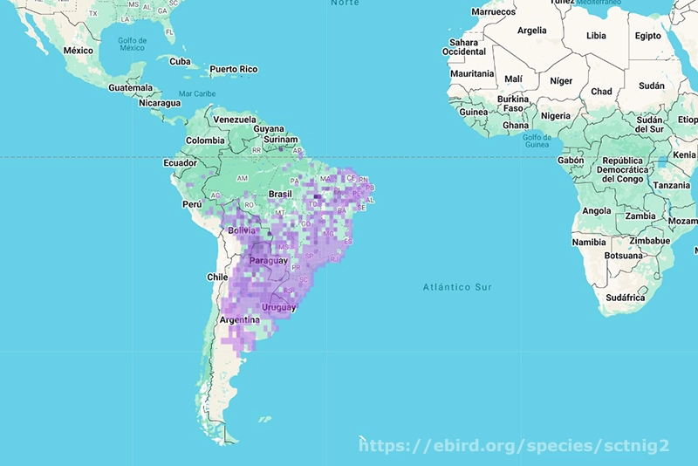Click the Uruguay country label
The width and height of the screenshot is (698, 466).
[x=279, y=307]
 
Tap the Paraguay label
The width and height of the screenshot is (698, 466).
[x=268, y=261]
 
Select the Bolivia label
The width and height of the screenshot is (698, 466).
[x=243, y=230]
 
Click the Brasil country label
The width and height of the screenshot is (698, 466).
[x=280, y=194]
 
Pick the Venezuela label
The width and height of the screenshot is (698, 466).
[x=235, y=119]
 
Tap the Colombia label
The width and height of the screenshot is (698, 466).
[x=205, y=140]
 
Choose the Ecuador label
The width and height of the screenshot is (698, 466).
[x=180, y=162]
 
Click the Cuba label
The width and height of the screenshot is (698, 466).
[x=180, y=61]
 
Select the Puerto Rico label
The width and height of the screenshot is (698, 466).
[x=234, y=69]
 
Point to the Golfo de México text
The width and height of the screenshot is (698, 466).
[x=132, y=44]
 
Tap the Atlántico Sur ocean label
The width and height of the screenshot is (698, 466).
[x=457, y=287]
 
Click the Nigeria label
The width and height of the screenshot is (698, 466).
[x=555, y=115]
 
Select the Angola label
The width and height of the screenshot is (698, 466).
[x=596, y=210]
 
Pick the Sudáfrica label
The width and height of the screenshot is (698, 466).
[x=625, y=298]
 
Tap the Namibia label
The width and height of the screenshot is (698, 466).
[x=589, y=242]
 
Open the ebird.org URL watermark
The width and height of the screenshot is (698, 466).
[x=515, y=446]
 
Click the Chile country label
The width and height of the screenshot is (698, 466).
[x=217, y=277]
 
